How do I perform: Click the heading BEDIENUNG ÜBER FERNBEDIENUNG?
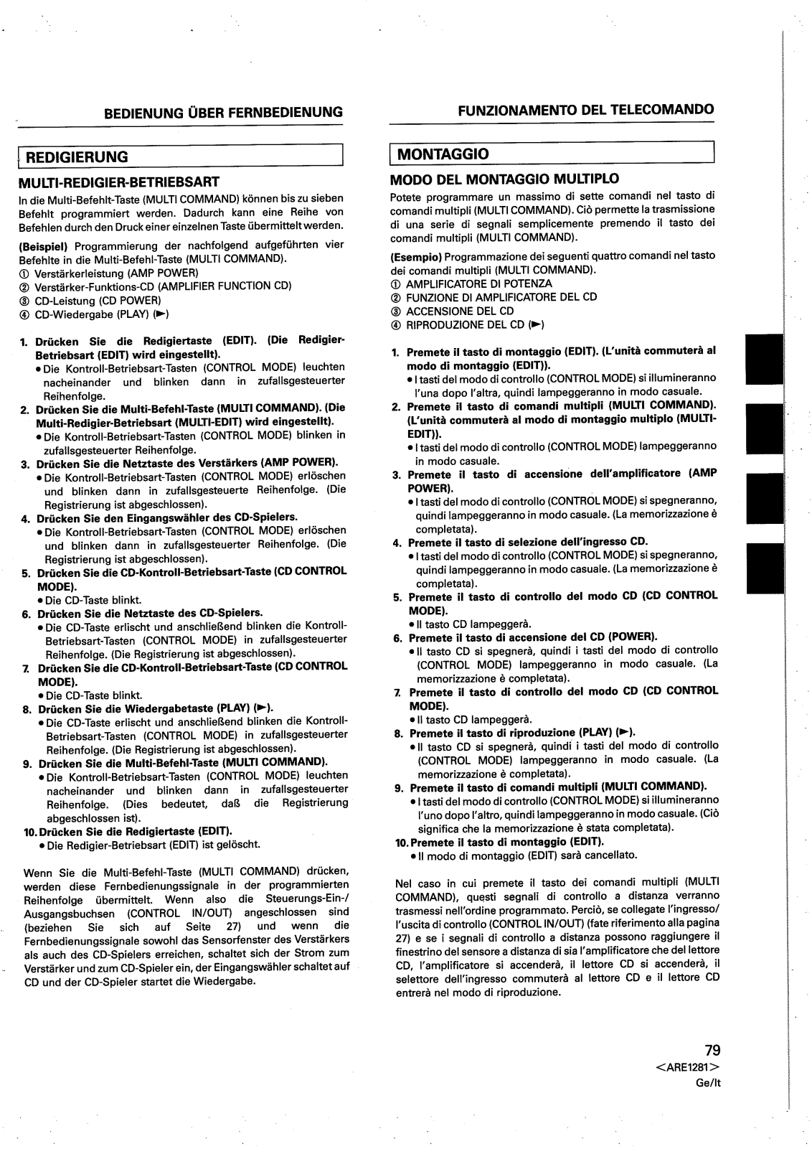(x=223, y=112)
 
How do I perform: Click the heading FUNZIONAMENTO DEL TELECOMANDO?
(x=586, y=110)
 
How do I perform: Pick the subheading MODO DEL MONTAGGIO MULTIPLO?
(x=504, y=178)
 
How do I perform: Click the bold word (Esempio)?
(x=415, y=255)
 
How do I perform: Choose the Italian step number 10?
(x=402, y=842)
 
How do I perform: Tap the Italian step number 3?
(x=396, y=475)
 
